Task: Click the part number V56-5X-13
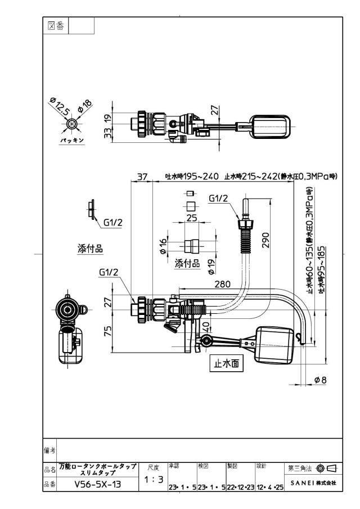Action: [x=98, y=484]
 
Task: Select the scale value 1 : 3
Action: [x=154, y=479]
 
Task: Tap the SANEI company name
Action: [x=313, y=483]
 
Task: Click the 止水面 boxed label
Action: [x=226, y=363]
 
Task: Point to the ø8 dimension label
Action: [x=321, y=380]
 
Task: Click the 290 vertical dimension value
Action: [x=266, y=240]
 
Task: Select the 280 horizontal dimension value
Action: [x=222, y=284]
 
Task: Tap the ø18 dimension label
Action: [x=85, y=106]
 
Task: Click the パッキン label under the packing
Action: [x=72, y=140]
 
